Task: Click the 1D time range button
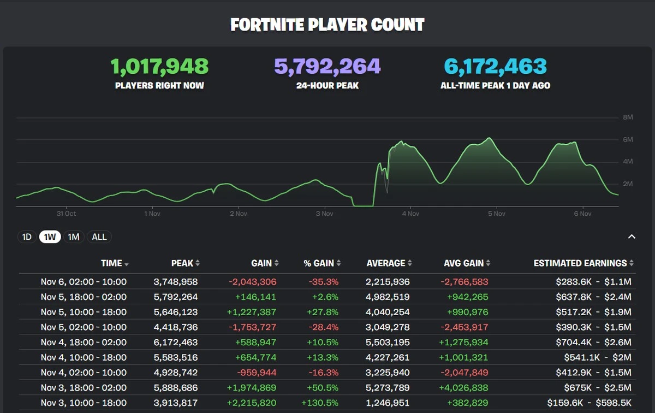tap(27, 237)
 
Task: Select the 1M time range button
tap(73, 237)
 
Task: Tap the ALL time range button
tap(99, 237)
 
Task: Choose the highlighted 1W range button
tap(50, 237)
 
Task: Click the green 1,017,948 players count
tap(159, 67)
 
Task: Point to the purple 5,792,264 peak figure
tap(327, 67)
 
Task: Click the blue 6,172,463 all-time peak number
tap(495, 67)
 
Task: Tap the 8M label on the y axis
tap(628, 117)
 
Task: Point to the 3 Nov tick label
tap(324, 214)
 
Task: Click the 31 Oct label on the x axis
tap(66, 214)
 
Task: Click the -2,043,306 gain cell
tap(253, 282)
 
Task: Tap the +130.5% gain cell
tap(320, 403)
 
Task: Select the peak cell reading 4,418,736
tap(176, 327)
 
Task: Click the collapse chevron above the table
tap(632, 237)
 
